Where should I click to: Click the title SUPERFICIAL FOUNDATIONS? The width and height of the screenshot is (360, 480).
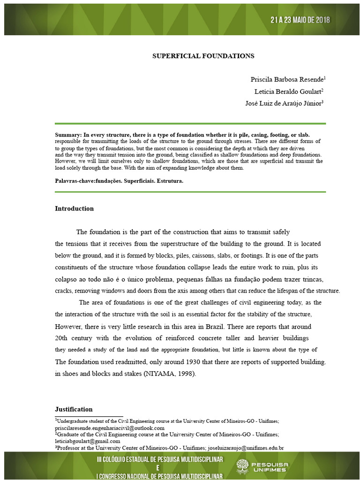[203, 56]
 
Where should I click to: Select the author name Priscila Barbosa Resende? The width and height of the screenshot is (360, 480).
[287, 79]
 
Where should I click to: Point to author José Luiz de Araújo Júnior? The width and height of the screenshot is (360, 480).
[284, 104]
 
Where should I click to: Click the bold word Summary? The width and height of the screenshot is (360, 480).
[68, 135]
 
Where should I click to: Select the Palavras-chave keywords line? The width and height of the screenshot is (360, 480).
[119, 180]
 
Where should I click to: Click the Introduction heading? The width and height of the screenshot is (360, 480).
[74, 209]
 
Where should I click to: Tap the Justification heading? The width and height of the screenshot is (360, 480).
[74, 409]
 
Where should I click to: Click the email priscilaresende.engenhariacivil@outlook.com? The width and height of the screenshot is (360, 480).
[110, 428]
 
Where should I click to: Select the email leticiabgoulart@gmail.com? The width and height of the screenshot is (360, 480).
[88, 441]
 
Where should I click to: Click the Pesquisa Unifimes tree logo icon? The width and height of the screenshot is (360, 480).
[242, 466]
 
